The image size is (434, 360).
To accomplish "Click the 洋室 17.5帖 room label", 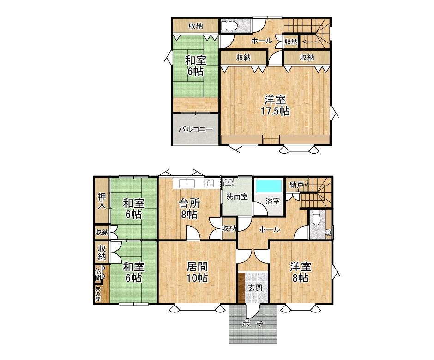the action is tap(275, 105).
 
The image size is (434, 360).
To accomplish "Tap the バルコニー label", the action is tap(196, 129).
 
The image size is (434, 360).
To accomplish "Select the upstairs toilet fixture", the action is tap(229, 26).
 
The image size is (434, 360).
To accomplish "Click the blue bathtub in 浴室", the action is tap(268, 186).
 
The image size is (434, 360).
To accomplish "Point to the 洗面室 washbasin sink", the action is tap(229, 182).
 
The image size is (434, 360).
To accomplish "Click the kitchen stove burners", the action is tap(209, 183).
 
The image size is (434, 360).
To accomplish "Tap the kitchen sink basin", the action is tap(187, 183).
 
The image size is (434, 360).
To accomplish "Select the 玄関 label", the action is tap(255, 288).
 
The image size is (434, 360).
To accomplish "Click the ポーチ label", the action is tap(252, 324).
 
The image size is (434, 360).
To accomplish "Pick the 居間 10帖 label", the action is tap(197, 273).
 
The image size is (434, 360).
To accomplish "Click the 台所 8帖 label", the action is tap(189, 209).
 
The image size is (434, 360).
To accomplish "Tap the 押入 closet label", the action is tap(102, 201).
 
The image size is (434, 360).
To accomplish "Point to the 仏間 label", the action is tap(98, 274).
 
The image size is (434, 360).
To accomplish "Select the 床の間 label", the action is tap(98, 294).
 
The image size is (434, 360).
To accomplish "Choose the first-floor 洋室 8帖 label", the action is tap(301, 273).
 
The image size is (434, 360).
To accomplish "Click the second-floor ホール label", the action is tap(261, 41).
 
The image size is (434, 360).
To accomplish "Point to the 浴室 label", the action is tap(273, 201).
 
